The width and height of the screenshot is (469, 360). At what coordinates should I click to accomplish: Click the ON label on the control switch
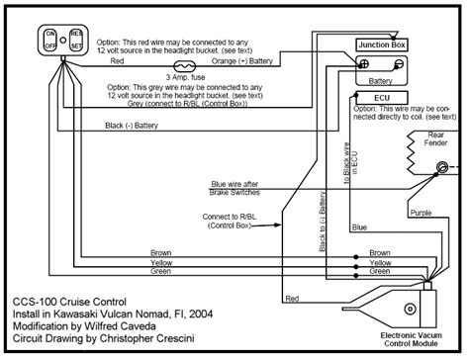tap(49, 33)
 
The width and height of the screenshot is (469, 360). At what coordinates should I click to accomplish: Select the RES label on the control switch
tap(76, 33)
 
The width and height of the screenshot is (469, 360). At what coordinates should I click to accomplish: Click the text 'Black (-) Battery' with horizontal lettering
tap(139, 126)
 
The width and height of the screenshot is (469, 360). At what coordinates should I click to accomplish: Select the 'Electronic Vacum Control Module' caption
tap(416, 337)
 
